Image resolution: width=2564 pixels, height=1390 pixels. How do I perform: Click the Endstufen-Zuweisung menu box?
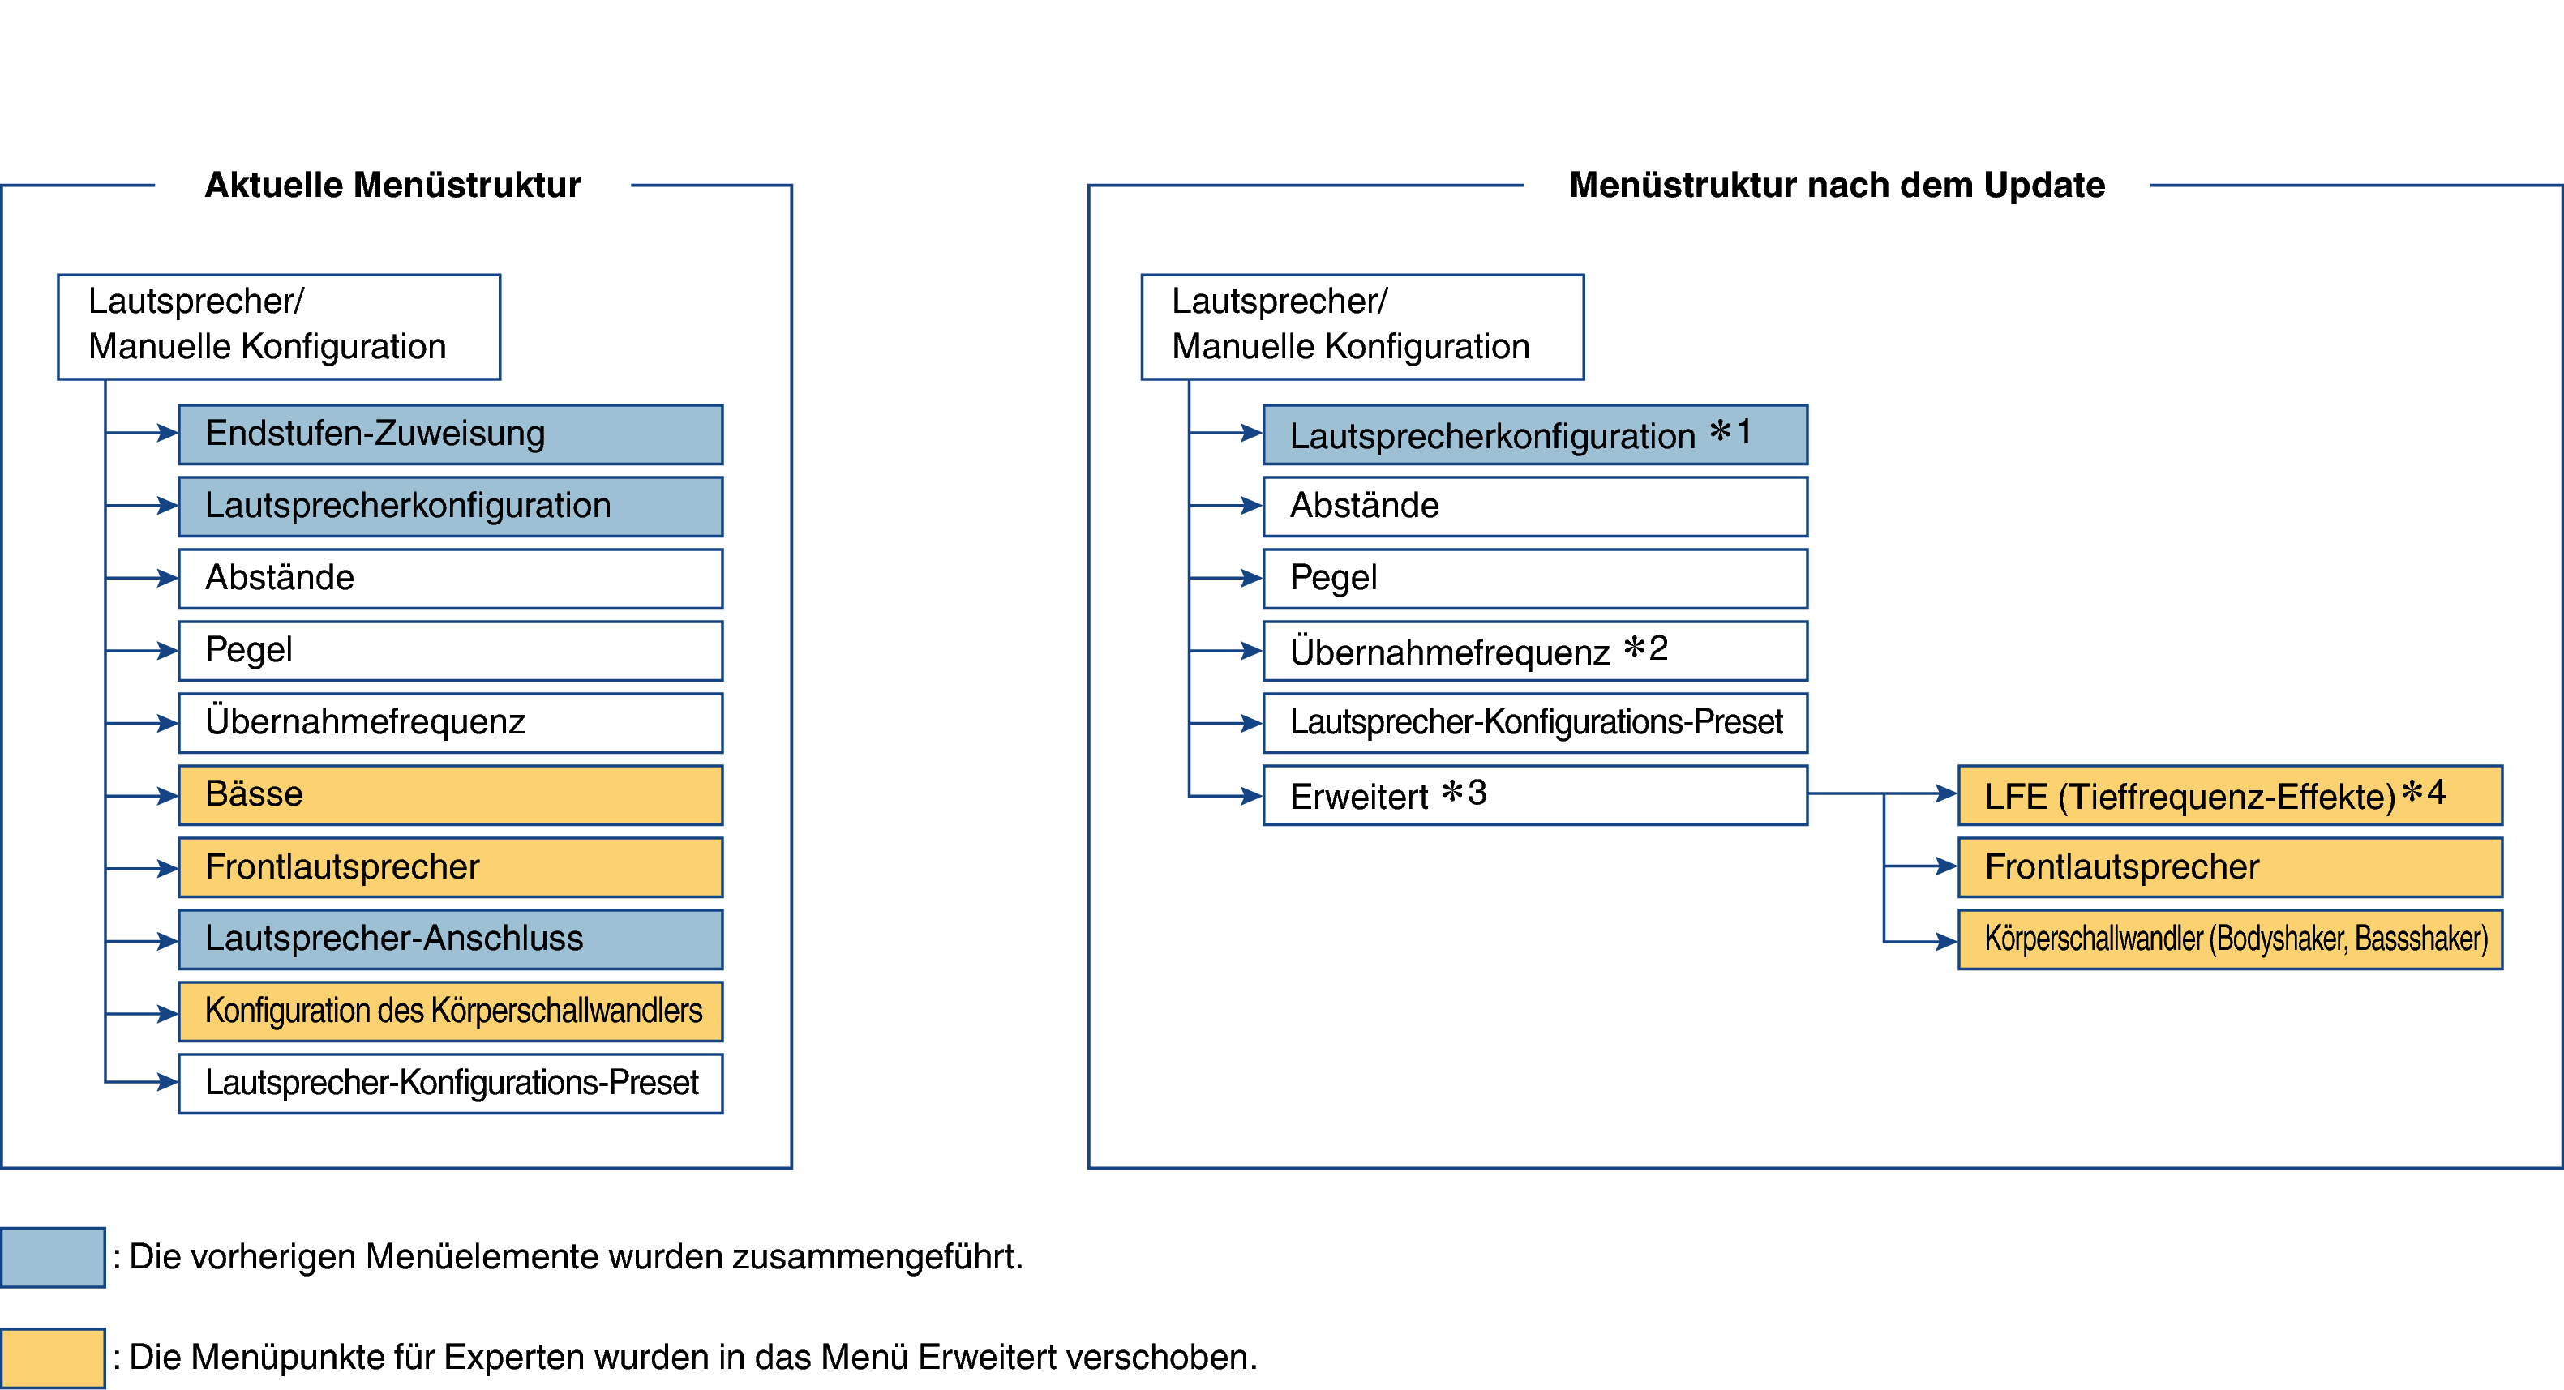[451, 434]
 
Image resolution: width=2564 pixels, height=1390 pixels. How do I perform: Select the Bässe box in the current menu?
[451, 795]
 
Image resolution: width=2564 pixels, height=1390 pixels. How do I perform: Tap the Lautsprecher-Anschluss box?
[451, 939]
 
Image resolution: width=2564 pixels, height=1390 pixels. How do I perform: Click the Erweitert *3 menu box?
[1535, 795]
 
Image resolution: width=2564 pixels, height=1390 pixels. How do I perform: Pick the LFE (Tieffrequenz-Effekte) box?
[2230, 795]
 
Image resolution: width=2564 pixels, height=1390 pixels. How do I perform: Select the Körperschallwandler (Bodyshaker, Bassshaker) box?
[2230, 939]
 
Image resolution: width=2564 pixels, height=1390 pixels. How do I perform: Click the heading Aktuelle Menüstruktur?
[393, 185]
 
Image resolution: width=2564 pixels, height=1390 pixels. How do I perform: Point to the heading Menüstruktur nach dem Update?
[1837, 185]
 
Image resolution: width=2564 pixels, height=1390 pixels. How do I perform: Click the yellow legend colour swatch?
[53, 1358]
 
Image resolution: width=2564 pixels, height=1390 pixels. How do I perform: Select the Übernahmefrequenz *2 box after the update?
[1535, 651]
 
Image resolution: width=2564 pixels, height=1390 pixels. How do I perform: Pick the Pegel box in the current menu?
[451, 651]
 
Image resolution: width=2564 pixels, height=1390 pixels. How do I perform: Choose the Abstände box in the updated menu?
[1535, 507]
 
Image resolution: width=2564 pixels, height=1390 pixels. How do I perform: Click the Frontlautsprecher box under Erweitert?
[2230, 867]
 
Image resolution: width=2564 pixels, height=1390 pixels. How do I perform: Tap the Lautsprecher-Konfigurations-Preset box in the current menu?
[451, 1084]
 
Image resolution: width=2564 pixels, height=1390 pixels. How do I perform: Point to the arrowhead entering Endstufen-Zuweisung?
[167, 433]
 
